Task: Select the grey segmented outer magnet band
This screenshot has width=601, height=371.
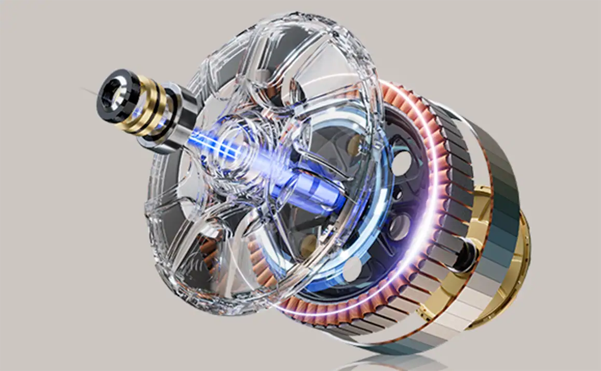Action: pyautogui.click(x=498, y=171)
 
